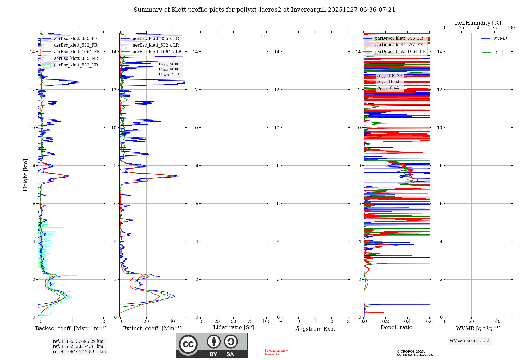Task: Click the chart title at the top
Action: click(264, 10)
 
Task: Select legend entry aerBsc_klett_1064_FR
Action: click(77, 52)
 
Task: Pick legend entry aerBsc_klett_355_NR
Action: click(76, 58)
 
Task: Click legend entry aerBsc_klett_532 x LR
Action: click(156, 45)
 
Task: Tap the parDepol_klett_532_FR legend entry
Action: click(399, 45)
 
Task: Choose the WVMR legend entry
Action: click(500, 38)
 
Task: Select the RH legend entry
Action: click(497, 53)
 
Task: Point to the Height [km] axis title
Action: click(25, 175)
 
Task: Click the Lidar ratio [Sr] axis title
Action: click(234, 328)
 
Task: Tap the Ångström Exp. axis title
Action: click(315, 329)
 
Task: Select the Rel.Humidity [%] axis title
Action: click(478, 23)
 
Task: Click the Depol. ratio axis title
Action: click(396, 328)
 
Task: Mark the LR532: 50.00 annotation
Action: click(169, 69)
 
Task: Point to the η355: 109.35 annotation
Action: click(390, 76)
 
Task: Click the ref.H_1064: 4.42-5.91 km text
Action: click(79, 352)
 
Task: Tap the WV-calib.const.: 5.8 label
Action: click(470, 341)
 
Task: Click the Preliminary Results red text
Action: click(276, 352)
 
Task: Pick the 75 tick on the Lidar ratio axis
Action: click(250, 322)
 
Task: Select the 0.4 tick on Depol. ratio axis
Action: click(408, 322)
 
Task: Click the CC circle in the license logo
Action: click(188, 344)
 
